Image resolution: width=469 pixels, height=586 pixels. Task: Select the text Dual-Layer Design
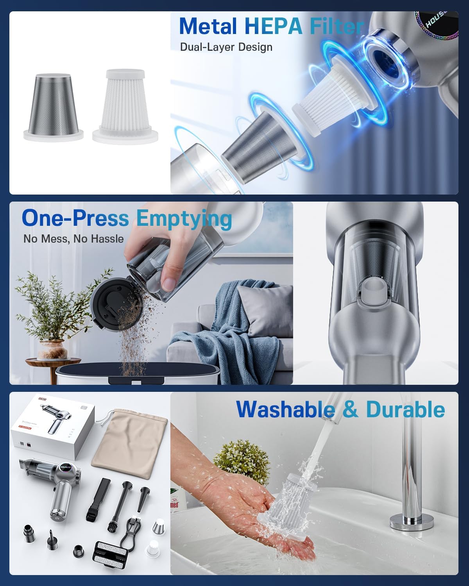[x=226, y=47]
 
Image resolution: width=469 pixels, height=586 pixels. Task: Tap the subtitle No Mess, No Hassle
[x=73, y=239]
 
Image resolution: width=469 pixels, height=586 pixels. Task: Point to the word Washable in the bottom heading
[x=285, y=409]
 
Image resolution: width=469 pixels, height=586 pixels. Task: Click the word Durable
[x=405, y=409]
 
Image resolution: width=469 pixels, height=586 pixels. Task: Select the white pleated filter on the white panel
[x=126, y=105]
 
